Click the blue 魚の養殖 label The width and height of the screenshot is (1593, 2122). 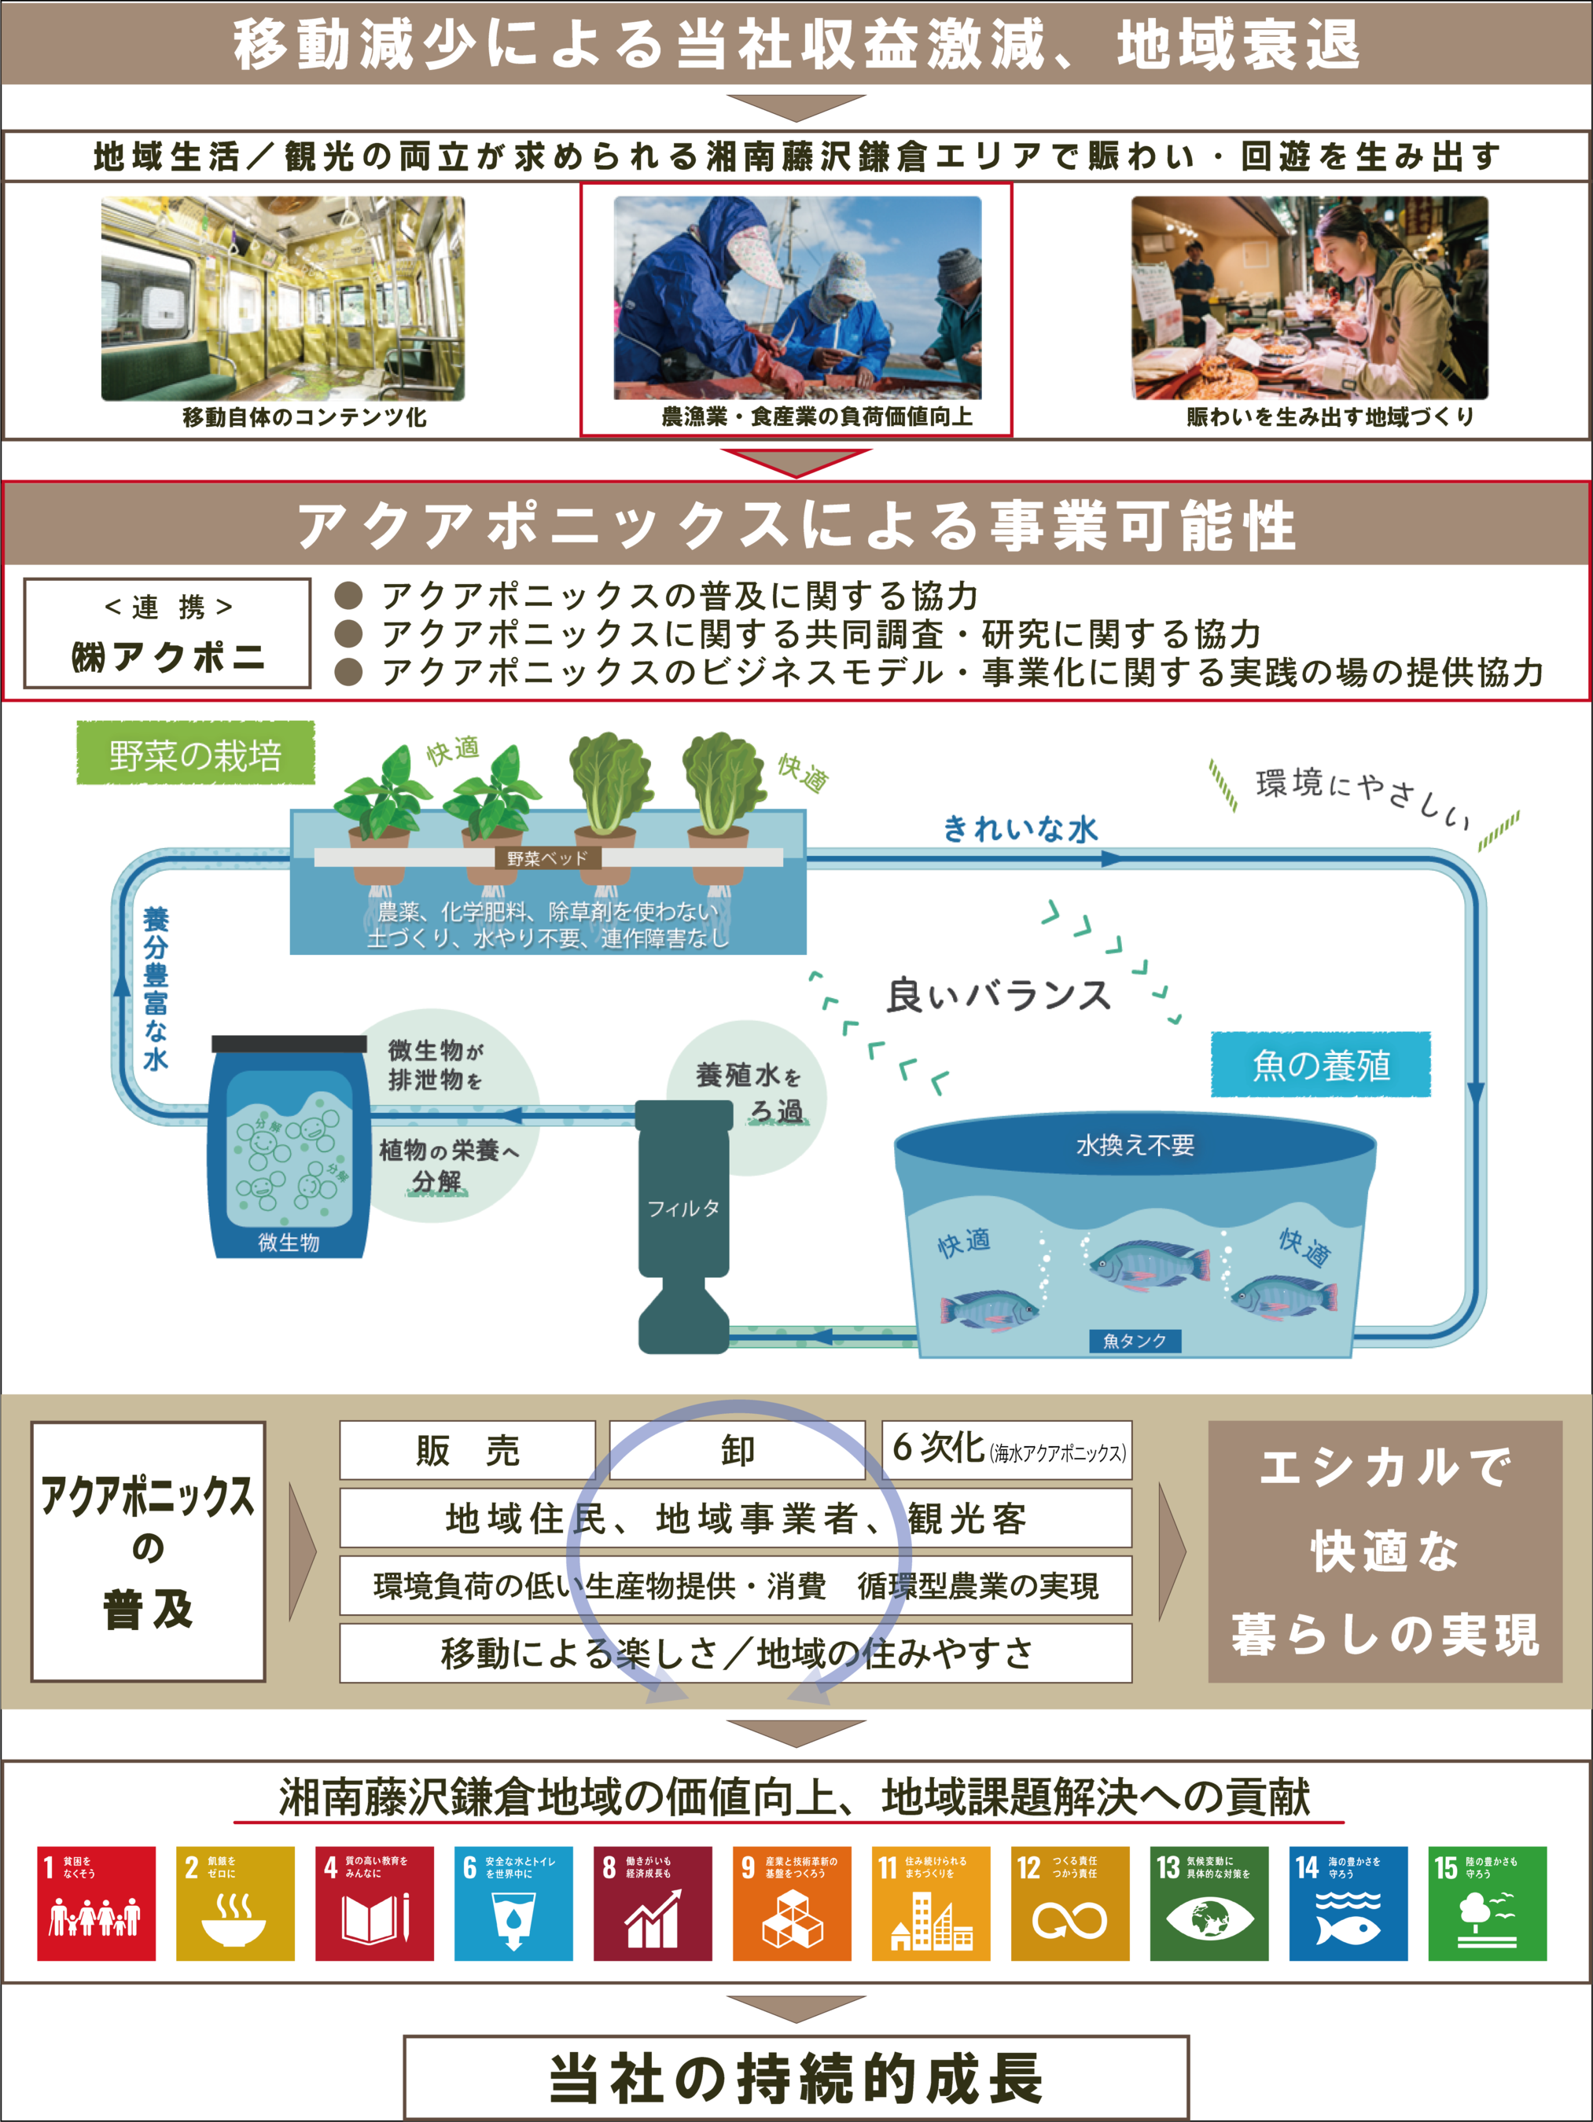(1320, 1065)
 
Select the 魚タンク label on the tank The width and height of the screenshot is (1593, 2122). (1135, 1340)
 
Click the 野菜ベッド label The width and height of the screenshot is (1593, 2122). (548, 857)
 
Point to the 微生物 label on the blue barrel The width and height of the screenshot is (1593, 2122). (288, 1243)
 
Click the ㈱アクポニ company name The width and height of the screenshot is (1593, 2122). (168, 657)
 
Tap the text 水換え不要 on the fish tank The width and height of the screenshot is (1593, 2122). (1135, 1144)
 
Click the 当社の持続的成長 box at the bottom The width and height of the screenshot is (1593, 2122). (796, 2077)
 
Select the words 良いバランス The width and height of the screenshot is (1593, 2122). (998, 996)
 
